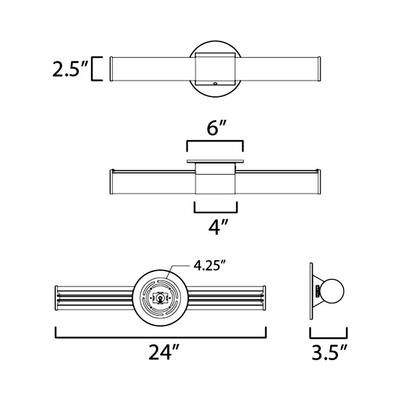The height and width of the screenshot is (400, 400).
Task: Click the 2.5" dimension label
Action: tap(70, 69)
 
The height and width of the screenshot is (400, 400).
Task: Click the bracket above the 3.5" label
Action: tap(329, 335)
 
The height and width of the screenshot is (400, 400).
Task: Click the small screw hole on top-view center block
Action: tap(215, 83)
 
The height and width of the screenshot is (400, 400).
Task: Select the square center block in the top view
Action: tap(215, 69)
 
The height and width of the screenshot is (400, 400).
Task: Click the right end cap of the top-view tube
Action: tap(320, 69)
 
